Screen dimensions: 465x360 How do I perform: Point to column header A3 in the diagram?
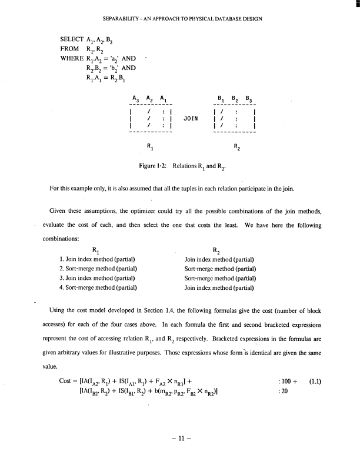pyautogui.click(x=136, y=99)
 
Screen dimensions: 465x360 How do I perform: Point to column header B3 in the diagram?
pyautogui.click(x=248, y=99)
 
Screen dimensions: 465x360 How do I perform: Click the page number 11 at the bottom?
pyautogui.click(x=180, y=438)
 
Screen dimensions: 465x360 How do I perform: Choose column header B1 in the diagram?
pyautogui.click(x=219, y=99)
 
